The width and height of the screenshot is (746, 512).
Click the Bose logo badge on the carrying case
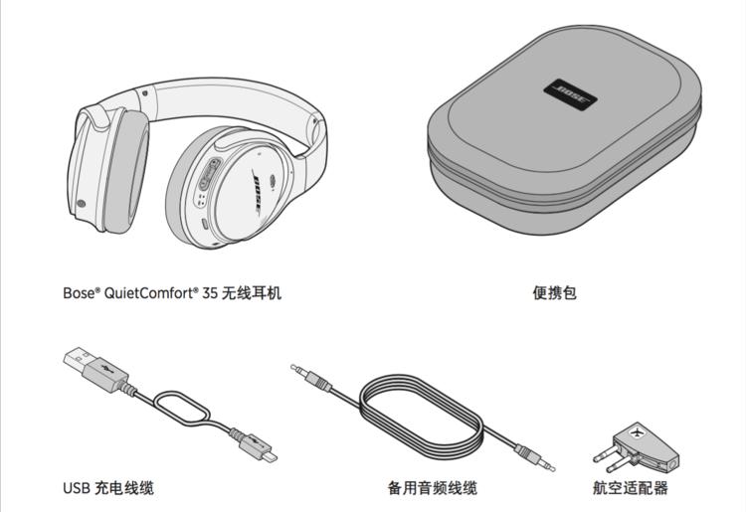(x=570, y=95)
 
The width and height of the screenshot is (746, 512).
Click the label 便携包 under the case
(x=554, y=292)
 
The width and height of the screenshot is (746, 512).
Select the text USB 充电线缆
(x=108, y=487)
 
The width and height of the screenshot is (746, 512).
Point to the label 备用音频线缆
(x=433, y=487)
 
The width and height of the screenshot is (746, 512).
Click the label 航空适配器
(x=631, y=487)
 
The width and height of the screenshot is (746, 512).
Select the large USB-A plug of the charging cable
(x=91, y=368)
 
